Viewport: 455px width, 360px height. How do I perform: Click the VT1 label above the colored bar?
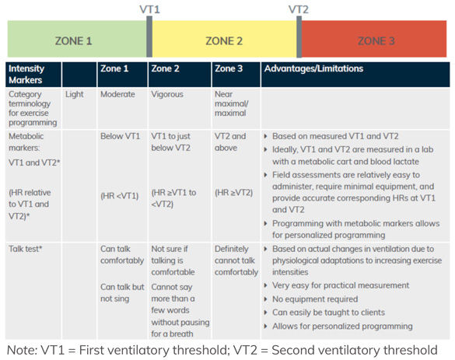tap(149, 9)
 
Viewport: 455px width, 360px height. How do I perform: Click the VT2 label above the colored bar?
tap(299, 9)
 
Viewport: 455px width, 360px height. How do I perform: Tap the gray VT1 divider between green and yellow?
tap(149, 37)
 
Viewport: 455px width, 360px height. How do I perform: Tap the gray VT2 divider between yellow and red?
tap(299, 37)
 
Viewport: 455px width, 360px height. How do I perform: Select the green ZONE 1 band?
tap(77, 39)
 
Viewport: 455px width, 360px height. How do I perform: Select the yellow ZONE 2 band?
tap(224, 39)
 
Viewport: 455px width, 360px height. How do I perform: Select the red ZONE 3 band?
tap(374, 39)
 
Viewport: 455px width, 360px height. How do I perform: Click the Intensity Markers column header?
tap(26, 75)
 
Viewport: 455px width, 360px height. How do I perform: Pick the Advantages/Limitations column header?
tap(313, 68)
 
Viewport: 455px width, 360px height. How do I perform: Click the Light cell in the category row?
tap(75, 94)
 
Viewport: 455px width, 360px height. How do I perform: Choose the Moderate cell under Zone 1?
tap(117, 94)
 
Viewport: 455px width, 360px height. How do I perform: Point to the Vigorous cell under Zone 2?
tap(167, 94)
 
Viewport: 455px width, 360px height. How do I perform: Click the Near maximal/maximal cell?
tap(231, 103)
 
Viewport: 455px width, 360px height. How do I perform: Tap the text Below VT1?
tap(120, 136)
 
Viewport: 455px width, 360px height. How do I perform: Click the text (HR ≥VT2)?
tap(233, 193)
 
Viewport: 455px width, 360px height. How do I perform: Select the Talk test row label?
tap(25, 249)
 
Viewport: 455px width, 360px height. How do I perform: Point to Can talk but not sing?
tap(122, 292)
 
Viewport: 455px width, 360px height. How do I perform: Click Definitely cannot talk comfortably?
tap(236, 260)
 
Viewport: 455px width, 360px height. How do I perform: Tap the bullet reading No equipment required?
tap(315, 299)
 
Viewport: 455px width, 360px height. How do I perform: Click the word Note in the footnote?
tap(20, 350)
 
